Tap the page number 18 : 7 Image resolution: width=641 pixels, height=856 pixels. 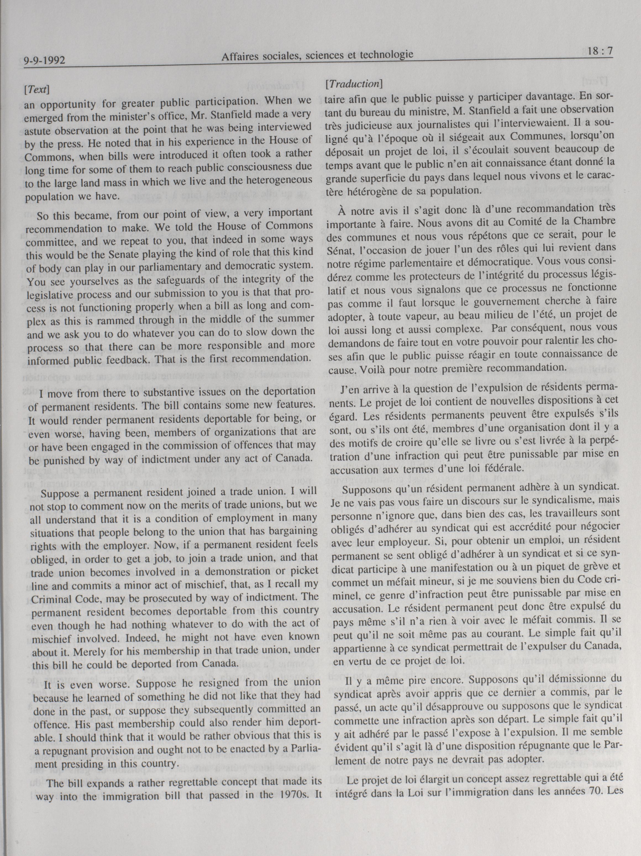click(x=599, y=51)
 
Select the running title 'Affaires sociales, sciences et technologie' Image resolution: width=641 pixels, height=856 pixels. click(x=317, y=56)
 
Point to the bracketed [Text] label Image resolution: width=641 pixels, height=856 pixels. click(x=37, y=89)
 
